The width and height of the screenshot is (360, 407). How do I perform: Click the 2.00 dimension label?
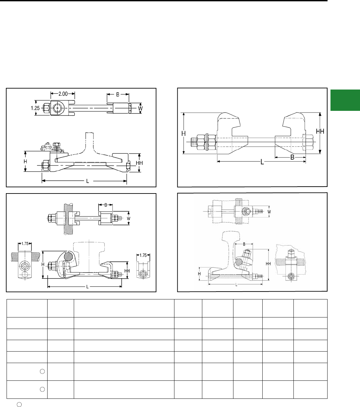63,94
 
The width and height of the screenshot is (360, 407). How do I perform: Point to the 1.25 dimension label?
35,108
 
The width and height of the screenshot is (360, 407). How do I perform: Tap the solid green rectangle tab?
345,100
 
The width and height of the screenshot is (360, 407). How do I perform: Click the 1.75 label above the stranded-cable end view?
25,244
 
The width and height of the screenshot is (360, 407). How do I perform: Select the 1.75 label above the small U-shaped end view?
143,255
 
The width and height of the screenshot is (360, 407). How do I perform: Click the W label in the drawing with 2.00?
140,109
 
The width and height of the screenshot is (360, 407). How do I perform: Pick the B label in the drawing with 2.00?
118,94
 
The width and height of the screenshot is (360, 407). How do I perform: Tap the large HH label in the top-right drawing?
320,132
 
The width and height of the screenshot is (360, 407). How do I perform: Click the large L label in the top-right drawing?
262,162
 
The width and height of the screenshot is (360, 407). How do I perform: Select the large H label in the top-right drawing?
183,133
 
